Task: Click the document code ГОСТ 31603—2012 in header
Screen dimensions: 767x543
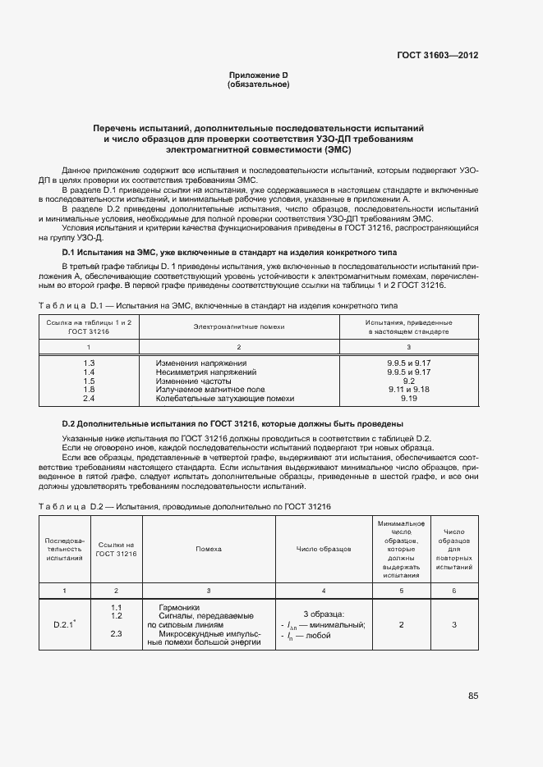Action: point(438,56)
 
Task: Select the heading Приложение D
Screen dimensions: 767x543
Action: point(258,75)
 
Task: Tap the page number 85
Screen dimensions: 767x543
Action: point(473,696)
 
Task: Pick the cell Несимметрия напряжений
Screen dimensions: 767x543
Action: point(200,372)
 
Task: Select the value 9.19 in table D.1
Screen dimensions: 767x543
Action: point(409,399)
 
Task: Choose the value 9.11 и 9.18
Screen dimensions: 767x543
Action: point(409,390)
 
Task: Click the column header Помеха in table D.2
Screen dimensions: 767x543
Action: point(209,548)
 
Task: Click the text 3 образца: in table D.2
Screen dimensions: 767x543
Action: point(324,614)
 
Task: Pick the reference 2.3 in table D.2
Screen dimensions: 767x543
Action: point(116,633)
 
